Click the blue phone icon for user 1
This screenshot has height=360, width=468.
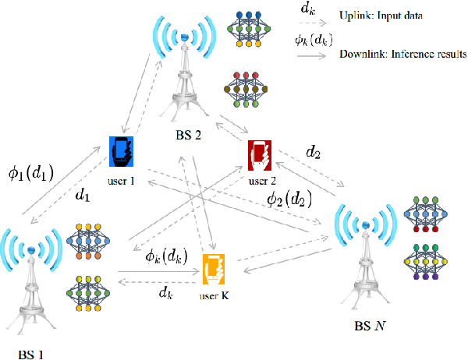pos(122,152)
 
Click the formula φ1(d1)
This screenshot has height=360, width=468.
pos(30,172)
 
